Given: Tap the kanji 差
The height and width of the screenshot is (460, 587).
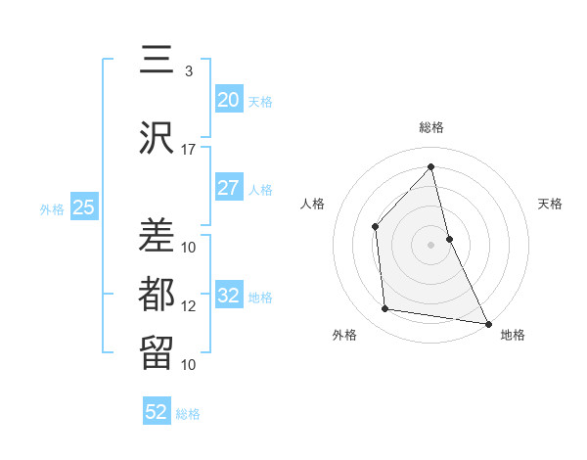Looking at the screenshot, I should [158, 235].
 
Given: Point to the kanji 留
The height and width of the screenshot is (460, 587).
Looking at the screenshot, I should [158, 351].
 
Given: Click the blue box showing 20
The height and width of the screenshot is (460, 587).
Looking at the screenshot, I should [229, 100].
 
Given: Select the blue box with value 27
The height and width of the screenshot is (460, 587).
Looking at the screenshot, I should [229, 189].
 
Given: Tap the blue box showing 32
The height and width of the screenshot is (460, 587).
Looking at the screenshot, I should [229, 297].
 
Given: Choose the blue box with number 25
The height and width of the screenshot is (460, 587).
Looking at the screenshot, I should [83, 207].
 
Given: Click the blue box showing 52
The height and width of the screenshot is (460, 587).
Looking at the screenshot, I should [157, 412].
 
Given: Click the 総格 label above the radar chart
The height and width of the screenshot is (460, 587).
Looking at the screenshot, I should [431, 127].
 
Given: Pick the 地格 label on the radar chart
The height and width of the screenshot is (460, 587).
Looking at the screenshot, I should [513, 335].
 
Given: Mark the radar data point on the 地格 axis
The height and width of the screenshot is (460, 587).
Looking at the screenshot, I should [487, 323].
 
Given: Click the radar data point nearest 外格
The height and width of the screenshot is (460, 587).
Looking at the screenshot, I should [385, 309].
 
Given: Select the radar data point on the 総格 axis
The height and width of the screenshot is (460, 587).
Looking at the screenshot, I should [431, 166].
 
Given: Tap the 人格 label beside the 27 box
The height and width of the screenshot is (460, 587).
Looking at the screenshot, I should [260, 190].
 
